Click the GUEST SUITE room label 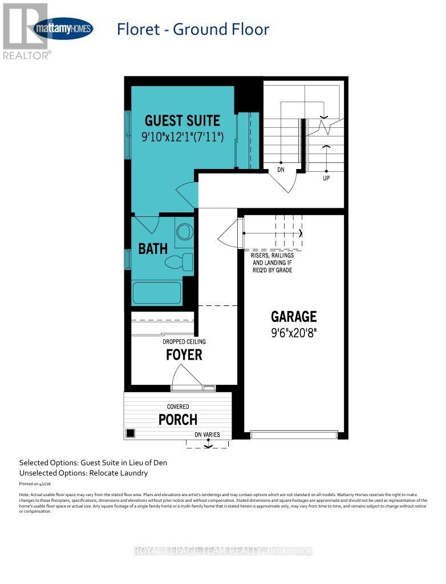tap(182, 120)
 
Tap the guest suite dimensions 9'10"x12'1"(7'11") tap(183, 137)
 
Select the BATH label tap(153, 248)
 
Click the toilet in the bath tap(179, 262)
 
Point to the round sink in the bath tap(184, 231)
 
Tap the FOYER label tap(184, 355)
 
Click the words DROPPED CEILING tap(184, 341)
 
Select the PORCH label tap(177, 419)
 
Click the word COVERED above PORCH tap(177, 406)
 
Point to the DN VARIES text tap(207, 434)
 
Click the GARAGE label tap(294, 316)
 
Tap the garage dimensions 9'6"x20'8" tap(294, 332)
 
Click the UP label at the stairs tap(326, 178)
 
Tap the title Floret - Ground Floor tap(193, 29)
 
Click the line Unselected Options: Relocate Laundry tap(83, 473)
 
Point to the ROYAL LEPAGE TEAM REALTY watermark tap(223, 551)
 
